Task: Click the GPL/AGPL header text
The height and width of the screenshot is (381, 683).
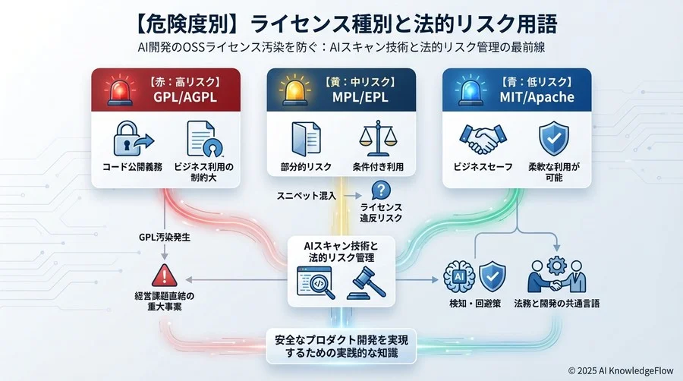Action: [184, 97]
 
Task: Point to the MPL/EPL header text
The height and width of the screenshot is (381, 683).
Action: [360, 97]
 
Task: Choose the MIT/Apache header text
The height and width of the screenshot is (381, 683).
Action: [537, 97]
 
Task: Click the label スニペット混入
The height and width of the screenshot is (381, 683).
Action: [307, 196]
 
